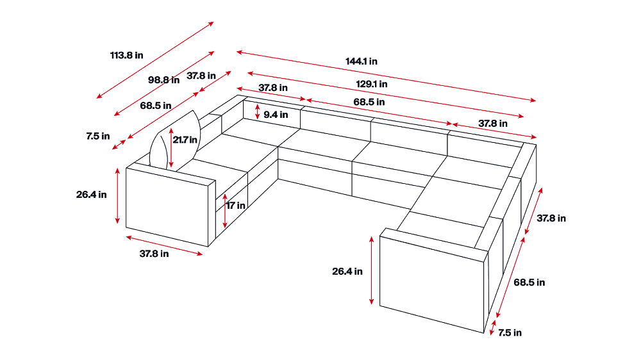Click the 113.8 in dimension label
click(x=127, y=55)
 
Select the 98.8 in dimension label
click(x=163, y=80)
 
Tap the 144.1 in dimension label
click(x=362, y=61)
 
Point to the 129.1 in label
click(x=372, y=84)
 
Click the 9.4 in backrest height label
click(x=276, y=115)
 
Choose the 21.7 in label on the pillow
click(x=185, y=140)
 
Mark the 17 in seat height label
click(x=236, y=206)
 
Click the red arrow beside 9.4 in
click(x=257, y=111)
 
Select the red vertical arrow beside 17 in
click(x=225, y=211)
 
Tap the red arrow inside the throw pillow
click(x=171, y=148)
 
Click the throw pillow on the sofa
click(x=176, y=141)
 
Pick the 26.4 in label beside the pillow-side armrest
click(x=91, y=195)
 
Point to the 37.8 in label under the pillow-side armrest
click(x=154, y=254)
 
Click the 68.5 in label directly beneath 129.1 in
click(x=369, y=102)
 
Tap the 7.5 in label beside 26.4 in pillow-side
click(x=97, y=136)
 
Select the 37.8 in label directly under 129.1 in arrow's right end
click(x=493, y=124)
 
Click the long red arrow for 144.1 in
click(x=386, y=76)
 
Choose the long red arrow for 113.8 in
click(x=155, y=60)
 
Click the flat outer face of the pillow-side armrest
click(x=167, y=207)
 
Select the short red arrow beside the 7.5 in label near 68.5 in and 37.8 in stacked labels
click(x=119, y=145)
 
